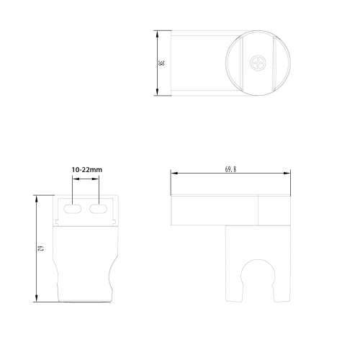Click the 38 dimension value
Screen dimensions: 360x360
click(x=161, y=63)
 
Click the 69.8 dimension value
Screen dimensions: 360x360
click(x=230, y=169)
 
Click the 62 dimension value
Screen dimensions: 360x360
click(x=41, y=248)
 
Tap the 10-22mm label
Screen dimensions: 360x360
click(x=87, y=170)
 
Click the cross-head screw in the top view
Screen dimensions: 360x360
click(x=258, y=63)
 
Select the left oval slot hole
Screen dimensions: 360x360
click(x=73, y=209)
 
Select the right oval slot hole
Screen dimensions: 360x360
click(x=98, y=209)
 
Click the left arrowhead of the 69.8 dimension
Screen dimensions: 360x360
click(x=174, y=173)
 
